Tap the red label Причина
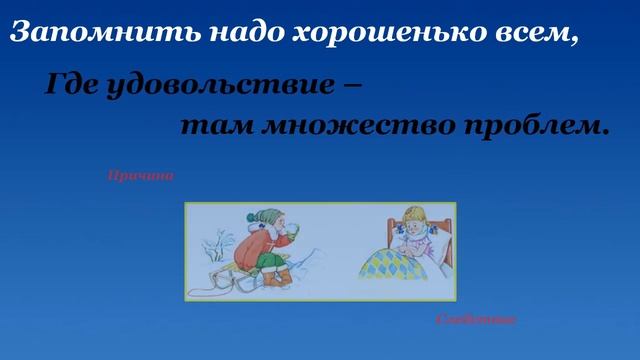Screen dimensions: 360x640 140,176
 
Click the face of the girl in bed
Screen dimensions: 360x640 411,225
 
